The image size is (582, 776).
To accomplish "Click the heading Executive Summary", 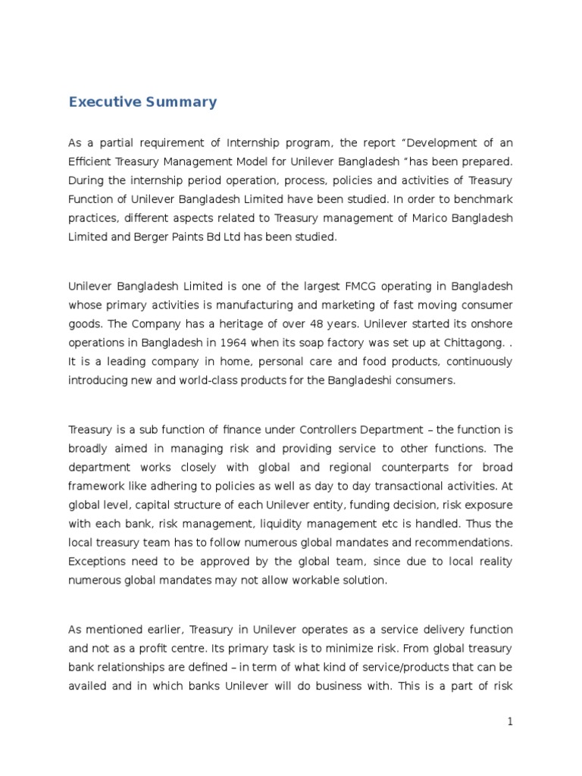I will pos(142,102).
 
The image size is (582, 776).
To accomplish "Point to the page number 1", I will pos(511,722).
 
